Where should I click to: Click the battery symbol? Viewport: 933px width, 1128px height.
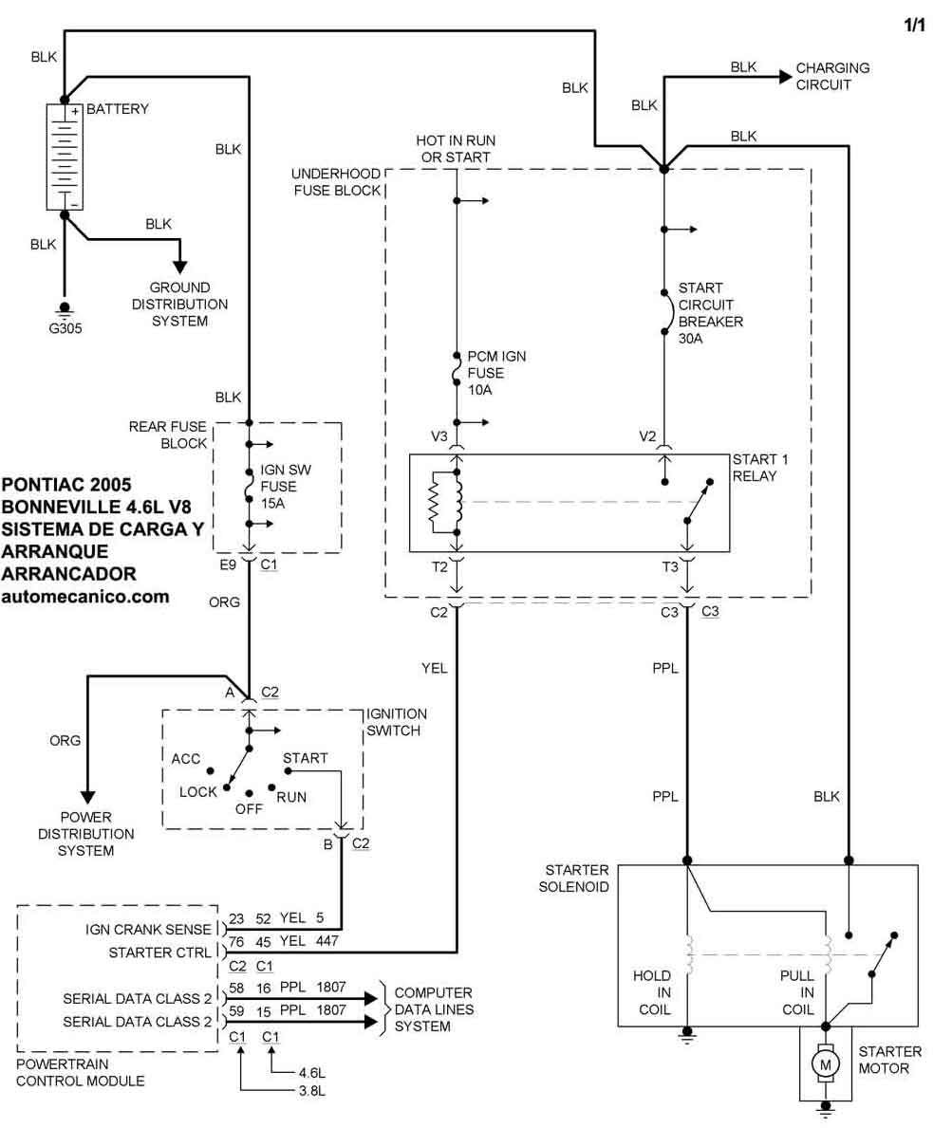pos(65,157)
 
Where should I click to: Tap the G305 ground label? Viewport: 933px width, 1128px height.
pos(65,331)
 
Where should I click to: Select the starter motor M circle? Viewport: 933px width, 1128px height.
pos(824,1063)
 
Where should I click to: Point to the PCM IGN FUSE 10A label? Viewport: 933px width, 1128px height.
pos(495,373)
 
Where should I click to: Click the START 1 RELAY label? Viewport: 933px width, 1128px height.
pos(760,468)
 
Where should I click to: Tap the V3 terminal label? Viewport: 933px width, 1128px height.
pos(439,436)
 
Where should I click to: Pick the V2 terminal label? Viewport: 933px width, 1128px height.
pos(647,436)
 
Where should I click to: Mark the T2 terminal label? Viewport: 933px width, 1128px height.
pos(438,567)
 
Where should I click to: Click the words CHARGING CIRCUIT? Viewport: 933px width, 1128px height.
pos(832,76)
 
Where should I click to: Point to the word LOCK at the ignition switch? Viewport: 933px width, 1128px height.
pos(197,791)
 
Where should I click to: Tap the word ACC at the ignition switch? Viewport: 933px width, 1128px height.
pos(186,759)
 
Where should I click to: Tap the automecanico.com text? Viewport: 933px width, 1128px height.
pos(86,597)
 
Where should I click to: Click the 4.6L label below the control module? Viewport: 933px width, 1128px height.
pos(311,1073)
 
